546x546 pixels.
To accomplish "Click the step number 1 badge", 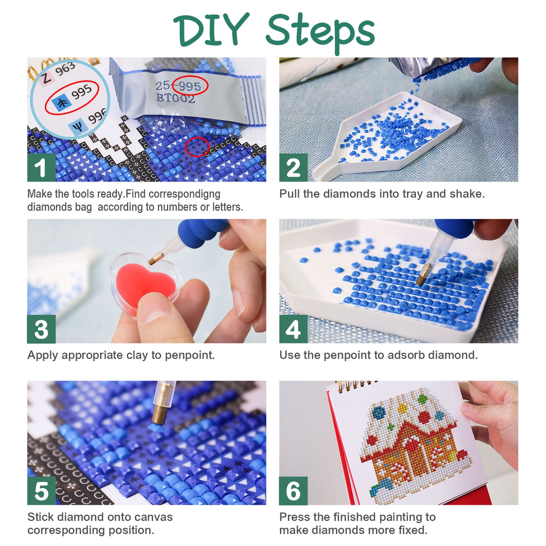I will pyautogui.click(x=41, y=167).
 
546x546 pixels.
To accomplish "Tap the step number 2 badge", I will pyautogui.click(x=293, y=167).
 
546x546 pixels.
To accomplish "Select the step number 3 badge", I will pyautogui.click(x=41, y=329).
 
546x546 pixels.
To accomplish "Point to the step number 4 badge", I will pyautogui.click(x=293, y=329).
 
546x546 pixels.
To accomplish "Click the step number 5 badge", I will pyautogui.click(x=41, y=491).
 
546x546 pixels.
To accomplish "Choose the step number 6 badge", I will pyautogui.click(x=293, y=491).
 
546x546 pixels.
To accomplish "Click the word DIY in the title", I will pyautogui.click(x=212, y=30).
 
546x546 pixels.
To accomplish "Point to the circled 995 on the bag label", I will pyautogui.click(x=190, y=86).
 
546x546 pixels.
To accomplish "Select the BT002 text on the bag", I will pyautogui.click(x=176, y=99).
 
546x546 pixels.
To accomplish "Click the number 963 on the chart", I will pyautogui.click(x=65, y=69).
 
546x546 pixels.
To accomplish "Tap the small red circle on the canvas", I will pyautogui.click(x=197, y=147).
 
